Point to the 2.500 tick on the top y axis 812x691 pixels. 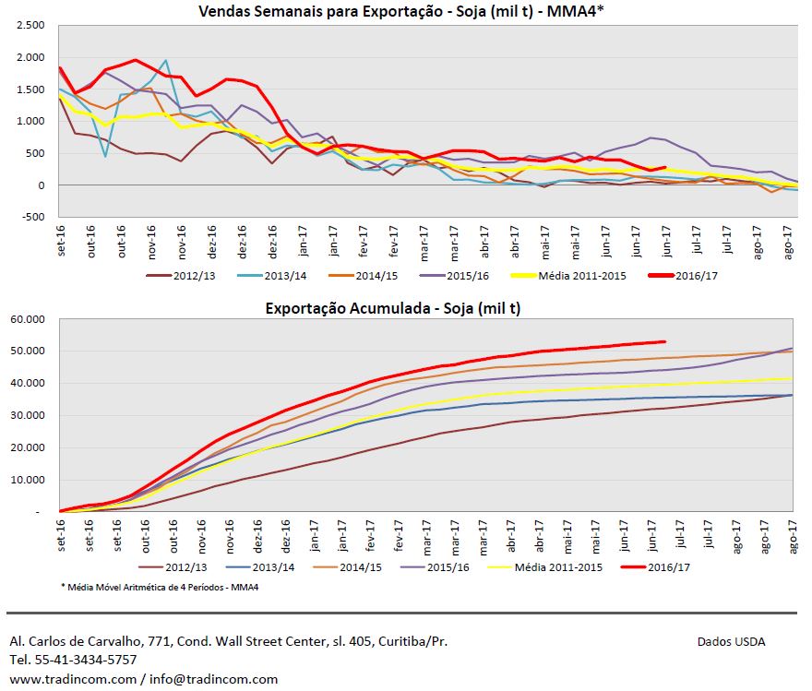31,26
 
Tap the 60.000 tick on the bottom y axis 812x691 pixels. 30,319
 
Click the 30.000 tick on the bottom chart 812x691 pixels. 30,416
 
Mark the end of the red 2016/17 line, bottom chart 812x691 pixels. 664,341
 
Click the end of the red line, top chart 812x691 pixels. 664,168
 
